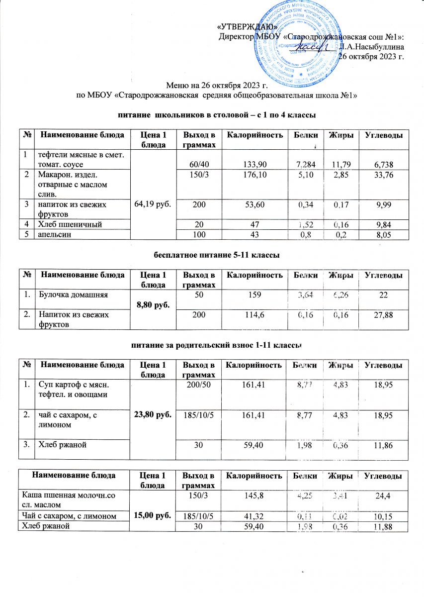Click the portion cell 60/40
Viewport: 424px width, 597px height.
click(199, 164)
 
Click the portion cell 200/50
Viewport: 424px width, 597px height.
click(199, 384)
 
